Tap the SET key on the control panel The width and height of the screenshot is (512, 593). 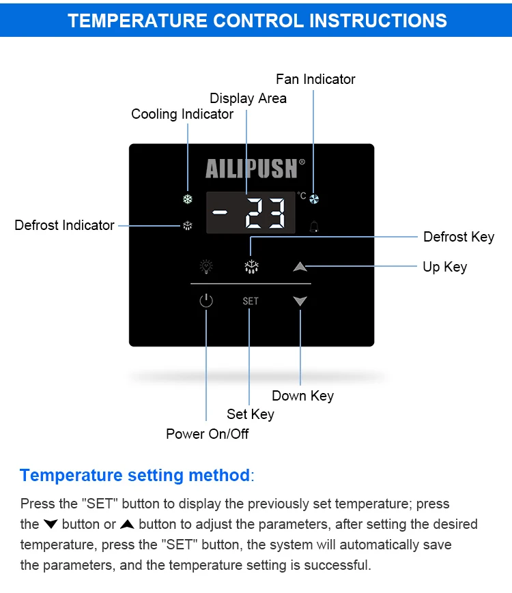click(251, 301)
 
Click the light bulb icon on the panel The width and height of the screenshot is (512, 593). click(206, 267)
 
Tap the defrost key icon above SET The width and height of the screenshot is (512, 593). click(252, 267)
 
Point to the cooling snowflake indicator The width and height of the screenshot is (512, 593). click(188, 199)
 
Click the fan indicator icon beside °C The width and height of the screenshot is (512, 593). click(314, 199)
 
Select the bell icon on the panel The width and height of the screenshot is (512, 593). click(314, 226)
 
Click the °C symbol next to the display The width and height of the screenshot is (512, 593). click(302, 195)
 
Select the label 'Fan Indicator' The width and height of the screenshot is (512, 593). click(315, 79)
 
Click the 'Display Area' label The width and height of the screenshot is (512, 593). click(248, 98)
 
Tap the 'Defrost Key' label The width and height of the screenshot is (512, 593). click(459, 237)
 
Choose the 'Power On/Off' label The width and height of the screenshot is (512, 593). click(208, 434)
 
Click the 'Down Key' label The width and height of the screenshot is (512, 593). click(302, 396)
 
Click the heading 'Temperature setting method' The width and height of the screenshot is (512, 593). click(134, 476)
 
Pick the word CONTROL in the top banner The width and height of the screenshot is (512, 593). click(258, 20)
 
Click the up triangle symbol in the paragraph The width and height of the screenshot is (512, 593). click(127, 524)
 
